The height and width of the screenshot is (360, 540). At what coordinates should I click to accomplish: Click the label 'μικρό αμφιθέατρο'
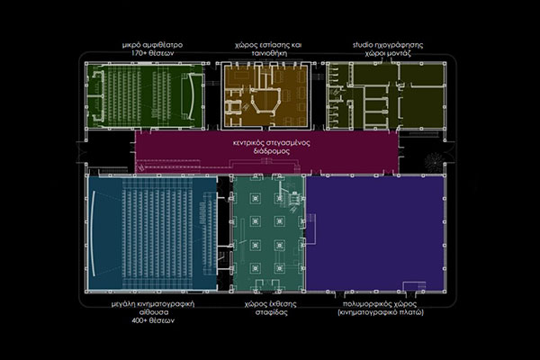152,45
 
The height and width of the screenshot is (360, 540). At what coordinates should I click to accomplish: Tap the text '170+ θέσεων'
152,53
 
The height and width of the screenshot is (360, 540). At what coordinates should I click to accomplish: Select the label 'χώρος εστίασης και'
268,45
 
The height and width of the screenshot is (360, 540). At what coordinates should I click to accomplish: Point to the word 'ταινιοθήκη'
269,53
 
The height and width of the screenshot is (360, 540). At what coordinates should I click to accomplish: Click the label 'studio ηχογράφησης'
388,45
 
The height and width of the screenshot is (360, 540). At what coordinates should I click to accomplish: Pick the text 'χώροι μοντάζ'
388,53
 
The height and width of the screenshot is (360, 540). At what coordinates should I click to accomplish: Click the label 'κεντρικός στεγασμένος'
272,142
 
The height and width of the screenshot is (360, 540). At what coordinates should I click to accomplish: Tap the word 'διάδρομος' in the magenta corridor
272,151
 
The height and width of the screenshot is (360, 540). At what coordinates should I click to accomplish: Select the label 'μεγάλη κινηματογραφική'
153,304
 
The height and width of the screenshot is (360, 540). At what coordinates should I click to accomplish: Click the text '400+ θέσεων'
153,320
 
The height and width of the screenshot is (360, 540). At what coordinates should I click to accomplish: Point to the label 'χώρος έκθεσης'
270,304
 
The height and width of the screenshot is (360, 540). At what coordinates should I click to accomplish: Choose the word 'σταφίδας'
272,312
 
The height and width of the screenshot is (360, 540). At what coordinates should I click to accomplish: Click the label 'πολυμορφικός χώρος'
380,304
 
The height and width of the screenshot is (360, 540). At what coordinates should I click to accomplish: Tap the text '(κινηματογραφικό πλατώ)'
381,312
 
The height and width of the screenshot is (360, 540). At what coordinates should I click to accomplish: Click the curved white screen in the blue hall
92,234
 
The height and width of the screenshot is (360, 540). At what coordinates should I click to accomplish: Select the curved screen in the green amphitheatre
191,94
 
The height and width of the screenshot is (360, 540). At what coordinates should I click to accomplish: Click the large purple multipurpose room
375,234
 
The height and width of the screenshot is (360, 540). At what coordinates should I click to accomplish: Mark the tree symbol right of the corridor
434,162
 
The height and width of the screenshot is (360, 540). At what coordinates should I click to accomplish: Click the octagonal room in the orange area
265,102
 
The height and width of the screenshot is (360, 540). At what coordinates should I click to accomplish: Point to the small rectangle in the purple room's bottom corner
414,286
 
